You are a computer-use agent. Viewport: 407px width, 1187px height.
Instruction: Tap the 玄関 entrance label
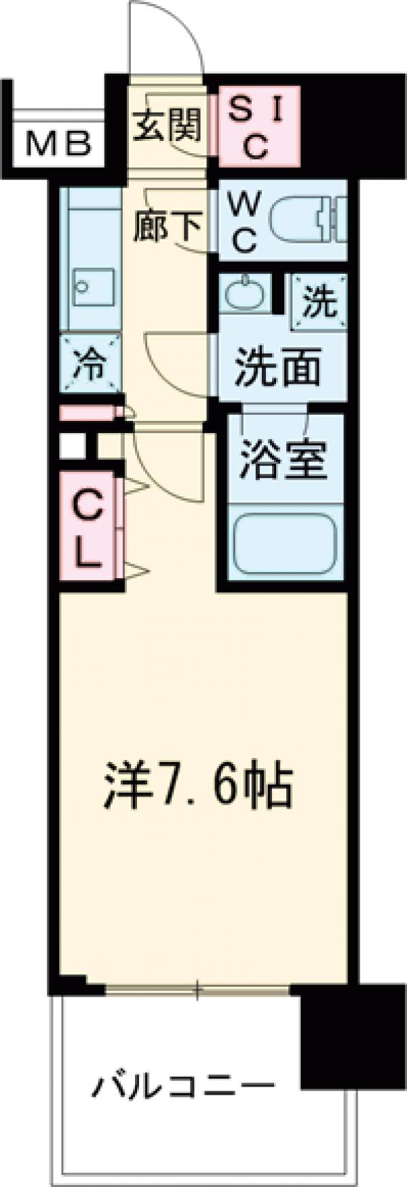167,124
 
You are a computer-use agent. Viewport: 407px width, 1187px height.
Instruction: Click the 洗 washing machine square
319,302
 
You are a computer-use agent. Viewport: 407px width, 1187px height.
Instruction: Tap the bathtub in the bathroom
285,542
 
